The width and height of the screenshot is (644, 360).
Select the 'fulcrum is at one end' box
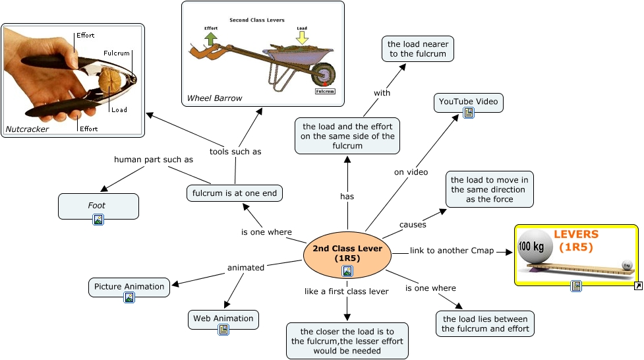[235, 193]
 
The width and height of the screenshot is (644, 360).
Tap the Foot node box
[98, 206]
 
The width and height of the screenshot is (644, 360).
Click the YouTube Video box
[469, 103]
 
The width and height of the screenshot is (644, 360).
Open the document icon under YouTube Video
[469, 113]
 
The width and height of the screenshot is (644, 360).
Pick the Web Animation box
[223, 319]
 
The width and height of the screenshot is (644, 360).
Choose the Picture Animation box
[129, 287]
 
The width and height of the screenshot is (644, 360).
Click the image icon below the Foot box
[98, 220]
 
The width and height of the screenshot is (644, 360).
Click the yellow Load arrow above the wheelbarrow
[302, 38]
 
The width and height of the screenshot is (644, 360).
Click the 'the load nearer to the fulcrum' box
[417, 49]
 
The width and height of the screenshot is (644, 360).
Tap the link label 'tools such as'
[235, 152]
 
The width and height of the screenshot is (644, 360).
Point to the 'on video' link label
[411, 173]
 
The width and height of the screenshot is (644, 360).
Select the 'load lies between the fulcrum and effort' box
[485, 324]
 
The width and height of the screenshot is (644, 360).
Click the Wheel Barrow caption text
[214, 98]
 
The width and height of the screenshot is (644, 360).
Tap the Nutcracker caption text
[28, 129]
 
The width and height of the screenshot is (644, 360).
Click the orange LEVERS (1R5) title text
[576, 241]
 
